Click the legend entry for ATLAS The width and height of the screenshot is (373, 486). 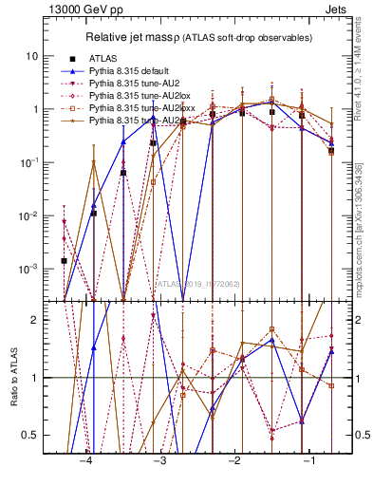click(103, 58)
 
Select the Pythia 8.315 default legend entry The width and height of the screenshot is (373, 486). click(126, 71)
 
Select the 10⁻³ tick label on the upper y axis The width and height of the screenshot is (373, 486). click(30, 269)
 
